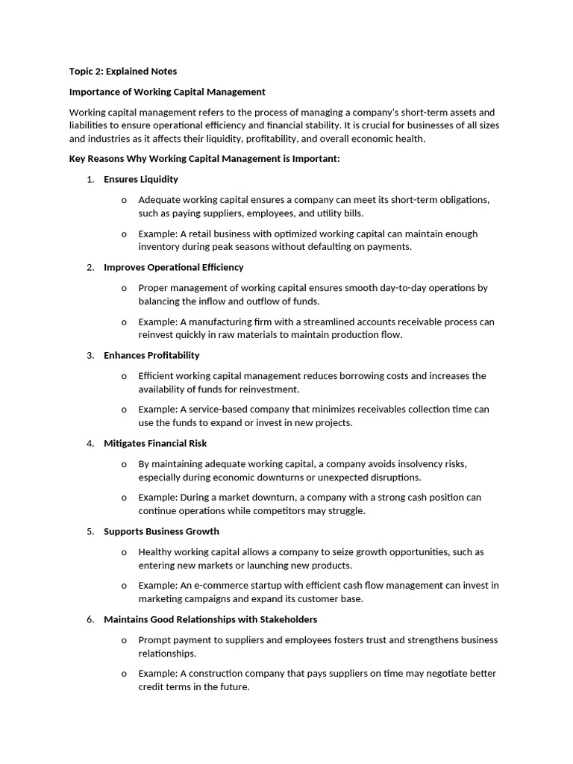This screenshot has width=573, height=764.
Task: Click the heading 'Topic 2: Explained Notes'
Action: click(123, 72)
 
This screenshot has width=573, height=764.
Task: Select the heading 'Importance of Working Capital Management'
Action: click(167, 92)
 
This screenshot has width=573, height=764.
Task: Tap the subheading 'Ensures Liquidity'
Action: click(141, 179)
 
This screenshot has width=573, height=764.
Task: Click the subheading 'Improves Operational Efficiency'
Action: click(174, 267)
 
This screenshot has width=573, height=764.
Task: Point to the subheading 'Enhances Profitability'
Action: click(151, 355)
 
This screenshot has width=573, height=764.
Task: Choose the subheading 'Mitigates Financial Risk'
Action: click(155, 443)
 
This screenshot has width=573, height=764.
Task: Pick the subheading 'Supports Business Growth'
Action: click(161, 531)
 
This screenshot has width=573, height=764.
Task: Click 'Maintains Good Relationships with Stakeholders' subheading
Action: click(210, 619)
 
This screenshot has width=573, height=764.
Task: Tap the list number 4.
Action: click(90, 443)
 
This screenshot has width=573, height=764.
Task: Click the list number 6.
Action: click(90, 619)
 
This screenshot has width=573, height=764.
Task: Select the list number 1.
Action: click(90, 179)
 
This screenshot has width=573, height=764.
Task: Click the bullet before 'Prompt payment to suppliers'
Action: click(124, 640)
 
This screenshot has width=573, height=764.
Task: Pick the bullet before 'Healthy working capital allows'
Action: click(124, 552)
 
